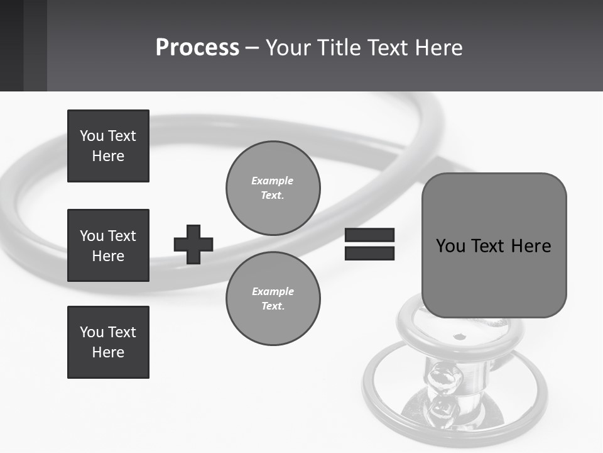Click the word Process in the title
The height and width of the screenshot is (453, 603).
pos(197,48)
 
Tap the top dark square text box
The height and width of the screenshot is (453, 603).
pos(108,146)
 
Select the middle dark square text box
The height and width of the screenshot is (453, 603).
pos(108,245)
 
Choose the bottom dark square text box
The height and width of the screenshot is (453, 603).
pos(108,342)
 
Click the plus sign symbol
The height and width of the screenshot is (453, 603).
pos(193,244)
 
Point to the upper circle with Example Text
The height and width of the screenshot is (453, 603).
pos(273,187)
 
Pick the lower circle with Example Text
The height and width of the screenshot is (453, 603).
pos(273,298)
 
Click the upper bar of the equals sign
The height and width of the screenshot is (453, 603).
pos(369,235)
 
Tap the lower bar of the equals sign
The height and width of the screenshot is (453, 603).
pos(369,253)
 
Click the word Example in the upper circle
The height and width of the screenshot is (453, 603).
pos(272,181)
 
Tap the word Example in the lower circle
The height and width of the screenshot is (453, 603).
pos(273,291)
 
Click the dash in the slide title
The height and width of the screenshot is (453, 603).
pos(252,48)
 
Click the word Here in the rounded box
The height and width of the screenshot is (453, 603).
pos(531,246)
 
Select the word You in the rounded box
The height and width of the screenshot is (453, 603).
pos(450,246)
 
